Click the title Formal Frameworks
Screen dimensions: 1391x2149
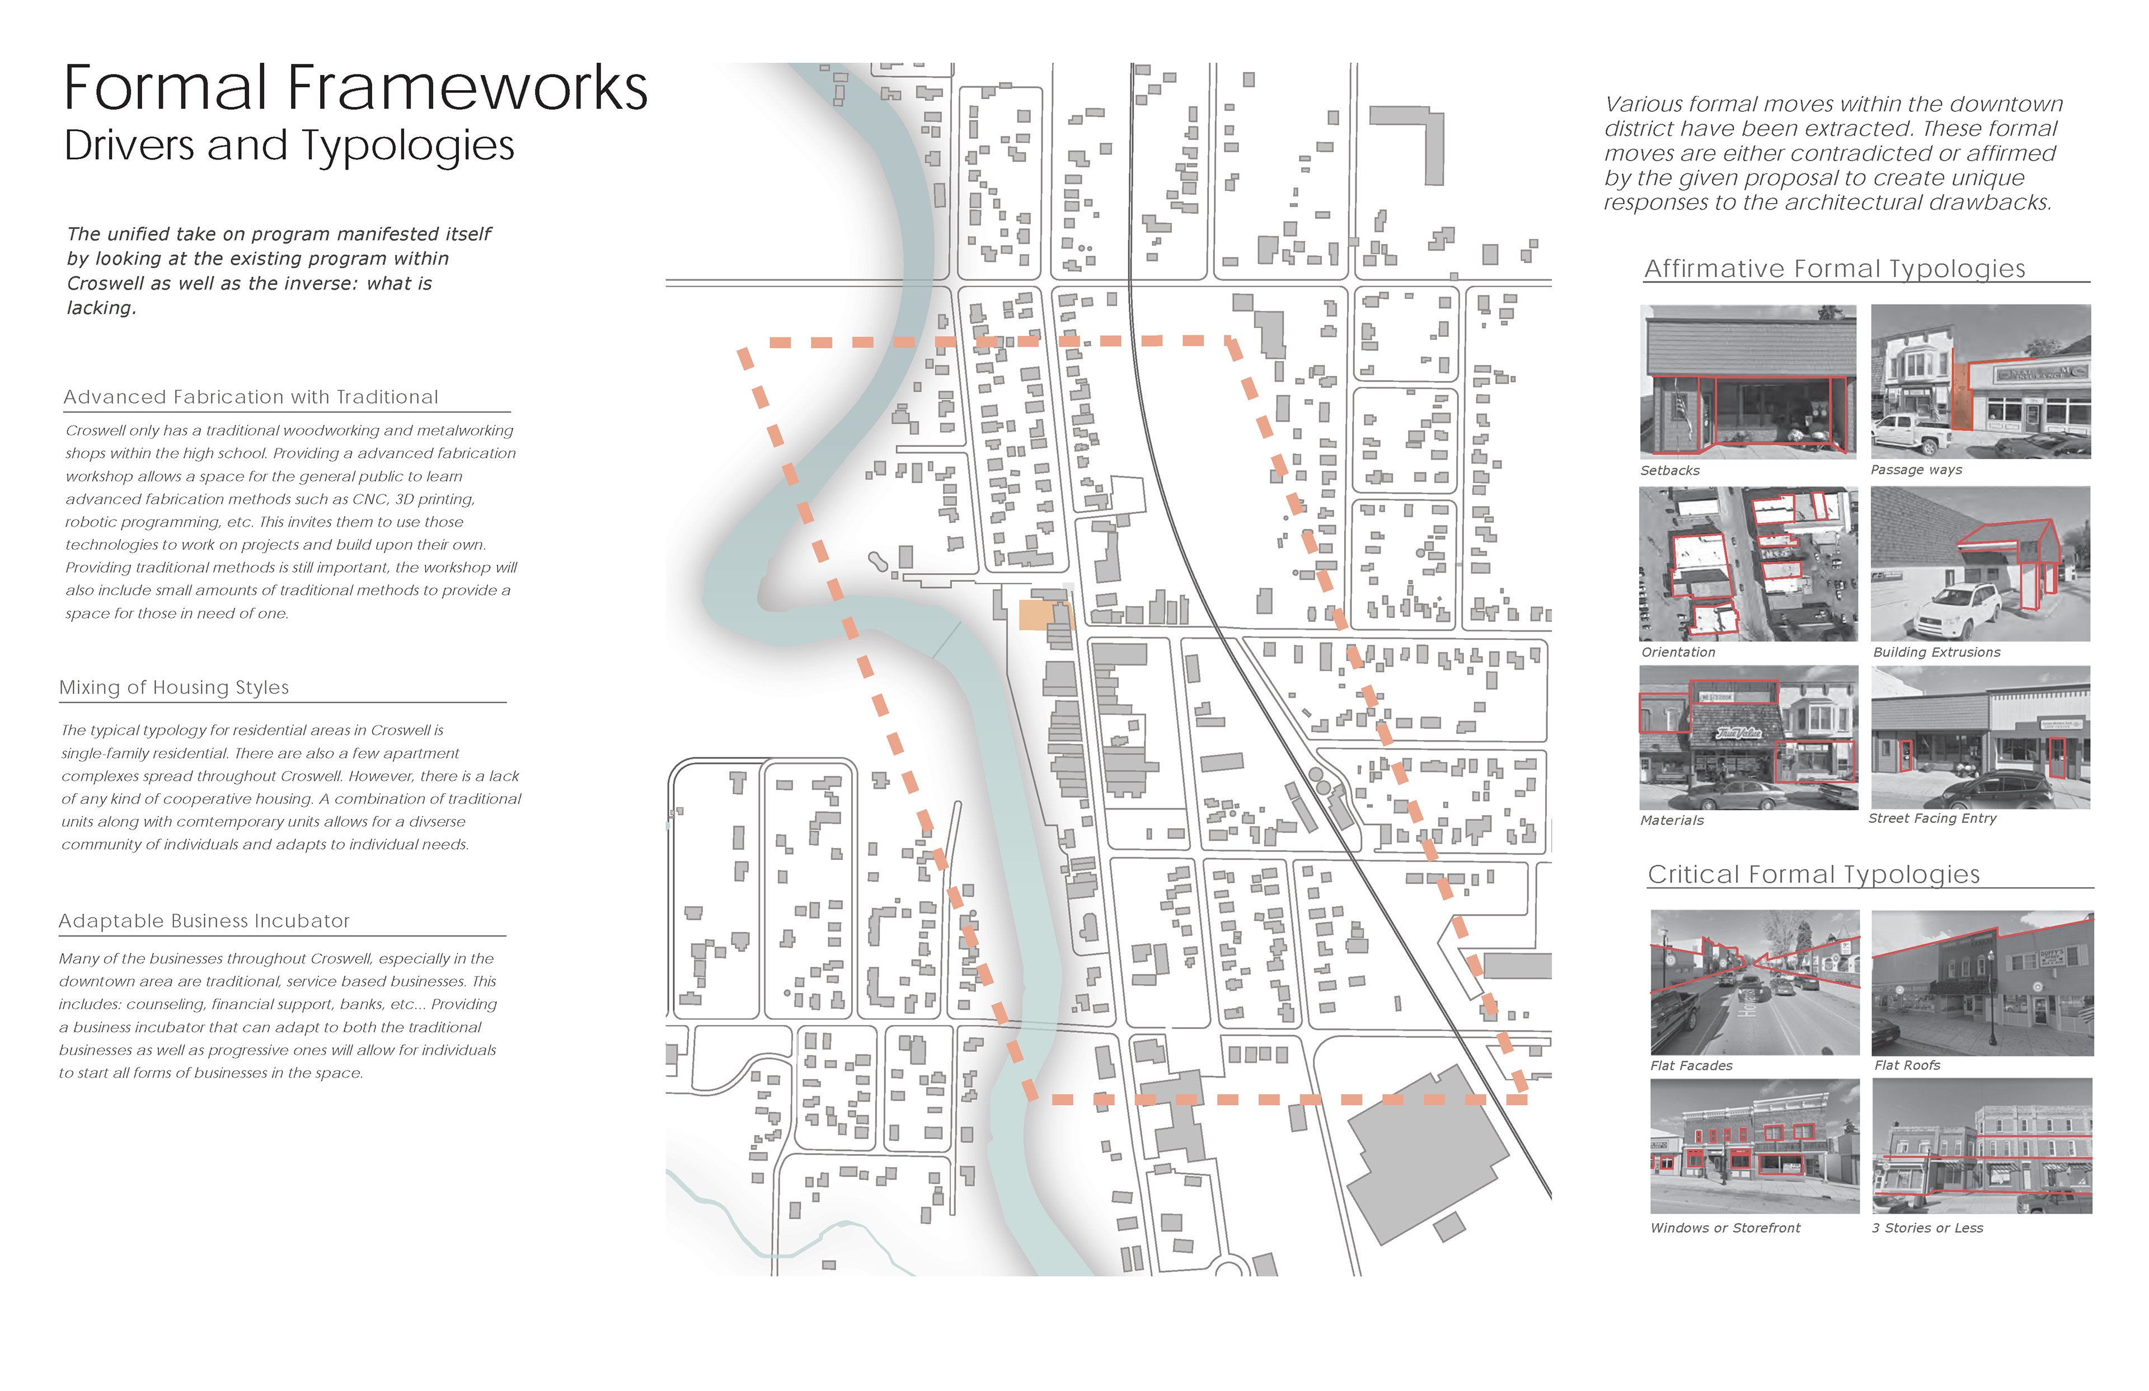click(355, 88)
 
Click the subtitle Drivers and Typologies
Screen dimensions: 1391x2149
click(289, 146)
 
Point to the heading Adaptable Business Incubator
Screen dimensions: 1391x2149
click(204, 921)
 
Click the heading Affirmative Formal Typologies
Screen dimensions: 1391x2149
click(1834, 269)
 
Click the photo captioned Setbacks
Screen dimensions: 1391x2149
click(1748, 381)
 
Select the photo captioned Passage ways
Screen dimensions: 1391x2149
click(1980, 381)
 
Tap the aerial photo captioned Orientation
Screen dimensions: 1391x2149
click(1748, 564)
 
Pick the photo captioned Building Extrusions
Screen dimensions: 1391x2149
click(1980, 564)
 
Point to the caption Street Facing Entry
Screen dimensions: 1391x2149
click(1932, 818)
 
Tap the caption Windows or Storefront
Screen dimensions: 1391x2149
click(1725, 1229)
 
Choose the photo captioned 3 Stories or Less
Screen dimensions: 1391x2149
click(1982, 1145)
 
